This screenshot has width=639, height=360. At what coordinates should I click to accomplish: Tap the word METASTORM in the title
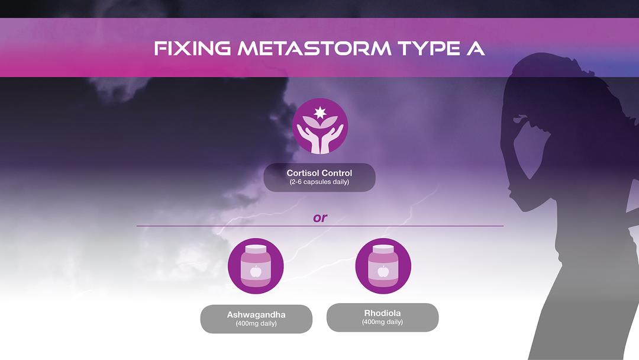(x=314, y=49)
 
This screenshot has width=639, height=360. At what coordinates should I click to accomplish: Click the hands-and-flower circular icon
(x=319, y=126)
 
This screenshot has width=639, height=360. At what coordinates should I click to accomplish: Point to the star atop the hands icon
(x=319, y=112)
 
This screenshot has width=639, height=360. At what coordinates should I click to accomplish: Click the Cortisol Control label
(x=319, y=173)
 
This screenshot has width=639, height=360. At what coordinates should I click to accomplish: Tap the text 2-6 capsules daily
(x=319, y=182)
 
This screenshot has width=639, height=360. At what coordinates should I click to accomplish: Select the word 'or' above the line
(x=319, y=218)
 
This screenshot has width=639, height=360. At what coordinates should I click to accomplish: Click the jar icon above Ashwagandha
(x=256, y=266)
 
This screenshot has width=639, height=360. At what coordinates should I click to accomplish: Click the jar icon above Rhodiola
(x=383, y=266)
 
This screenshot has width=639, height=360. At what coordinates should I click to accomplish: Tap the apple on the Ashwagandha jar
(x=256, y=272)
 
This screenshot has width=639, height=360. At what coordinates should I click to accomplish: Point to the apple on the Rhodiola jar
(x=383, y=272)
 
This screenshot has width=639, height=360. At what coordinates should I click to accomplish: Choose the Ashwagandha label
(x=256, y=314)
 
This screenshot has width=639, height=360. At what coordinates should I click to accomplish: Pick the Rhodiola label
(x=383, y=313)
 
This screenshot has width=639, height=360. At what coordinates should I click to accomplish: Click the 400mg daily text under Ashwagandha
(x=256, y=324)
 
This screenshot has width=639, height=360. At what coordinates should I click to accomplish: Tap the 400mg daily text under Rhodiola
(x=383, y=322)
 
